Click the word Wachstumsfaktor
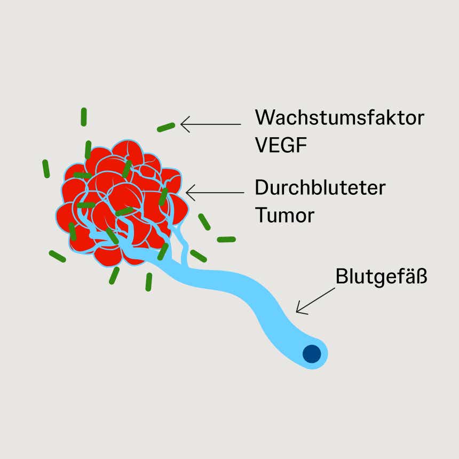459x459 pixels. [339, 117]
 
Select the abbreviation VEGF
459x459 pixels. [281, 145]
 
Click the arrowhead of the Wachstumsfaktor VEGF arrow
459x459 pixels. [183, 124]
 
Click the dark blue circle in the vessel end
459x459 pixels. [311, 353]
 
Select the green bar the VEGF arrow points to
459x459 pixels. [166, 127]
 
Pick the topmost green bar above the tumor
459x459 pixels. [84, 117]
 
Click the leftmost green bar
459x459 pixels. [46, 169]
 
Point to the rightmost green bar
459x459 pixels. [226, 239]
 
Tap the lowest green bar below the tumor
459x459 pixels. [149, 282]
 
